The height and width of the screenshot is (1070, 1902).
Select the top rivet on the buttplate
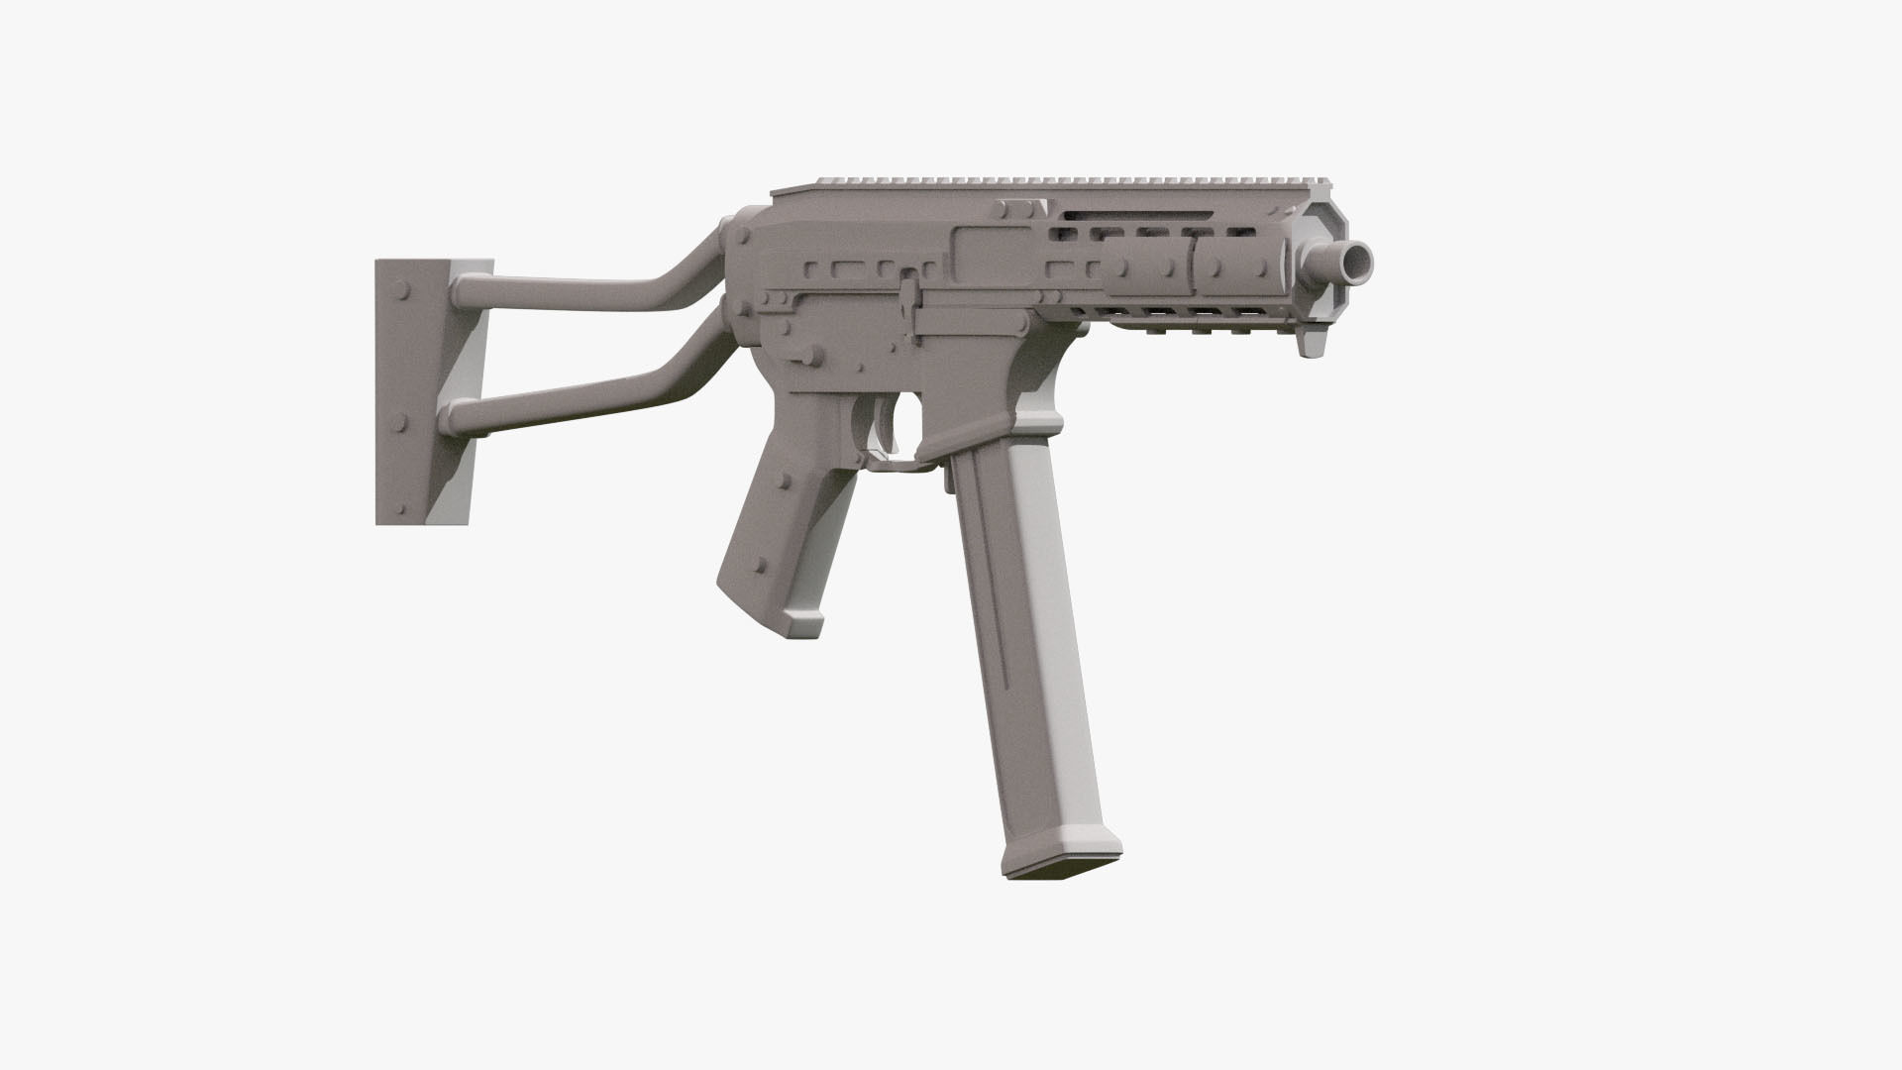click(x=403, y=294)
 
